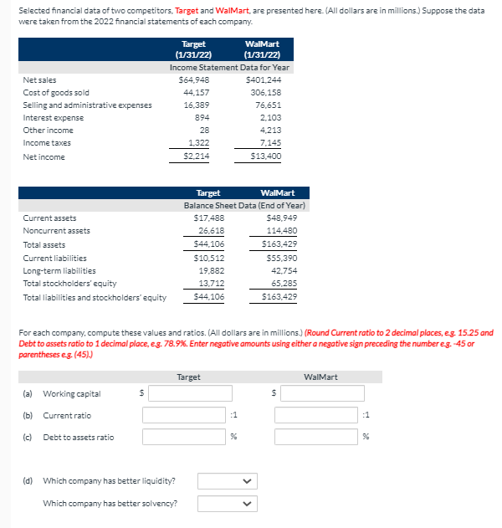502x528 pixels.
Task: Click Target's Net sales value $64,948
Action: click(193, 79)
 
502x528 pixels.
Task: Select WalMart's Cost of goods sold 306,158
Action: click(265, 92)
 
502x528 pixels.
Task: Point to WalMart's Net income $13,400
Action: click(264, 156)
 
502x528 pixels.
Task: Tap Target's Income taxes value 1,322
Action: click(197, 143)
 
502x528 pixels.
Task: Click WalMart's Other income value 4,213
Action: click(269, 131)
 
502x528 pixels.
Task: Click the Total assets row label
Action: click(44, 245)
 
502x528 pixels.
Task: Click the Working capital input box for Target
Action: click(187, 393)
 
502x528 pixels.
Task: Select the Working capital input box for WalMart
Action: click(319, 393)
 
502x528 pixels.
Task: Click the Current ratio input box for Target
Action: click(187, 415)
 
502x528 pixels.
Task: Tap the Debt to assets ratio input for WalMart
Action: click(319, 437)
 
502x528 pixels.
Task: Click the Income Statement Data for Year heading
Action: click(229, 67)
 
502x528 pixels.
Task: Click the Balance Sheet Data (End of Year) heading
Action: click(244, 205)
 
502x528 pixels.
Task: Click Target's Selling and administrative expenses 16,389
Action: click(197, 105)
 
